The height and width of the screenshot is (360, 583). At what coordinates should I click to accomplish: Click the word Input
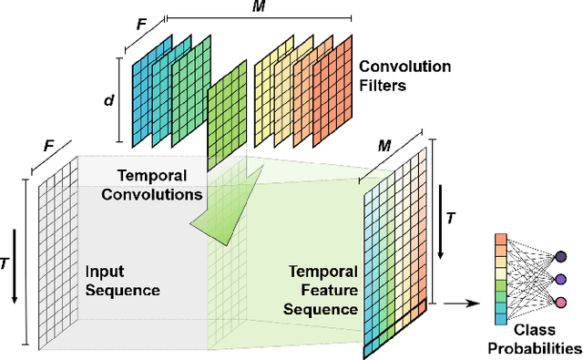(106, 272)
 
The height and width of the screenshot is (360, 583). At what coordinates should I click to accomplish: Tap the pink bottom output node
(561, 302)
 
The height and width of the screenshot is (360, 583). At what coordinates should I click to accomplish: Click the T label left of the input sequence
(7, 262)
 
